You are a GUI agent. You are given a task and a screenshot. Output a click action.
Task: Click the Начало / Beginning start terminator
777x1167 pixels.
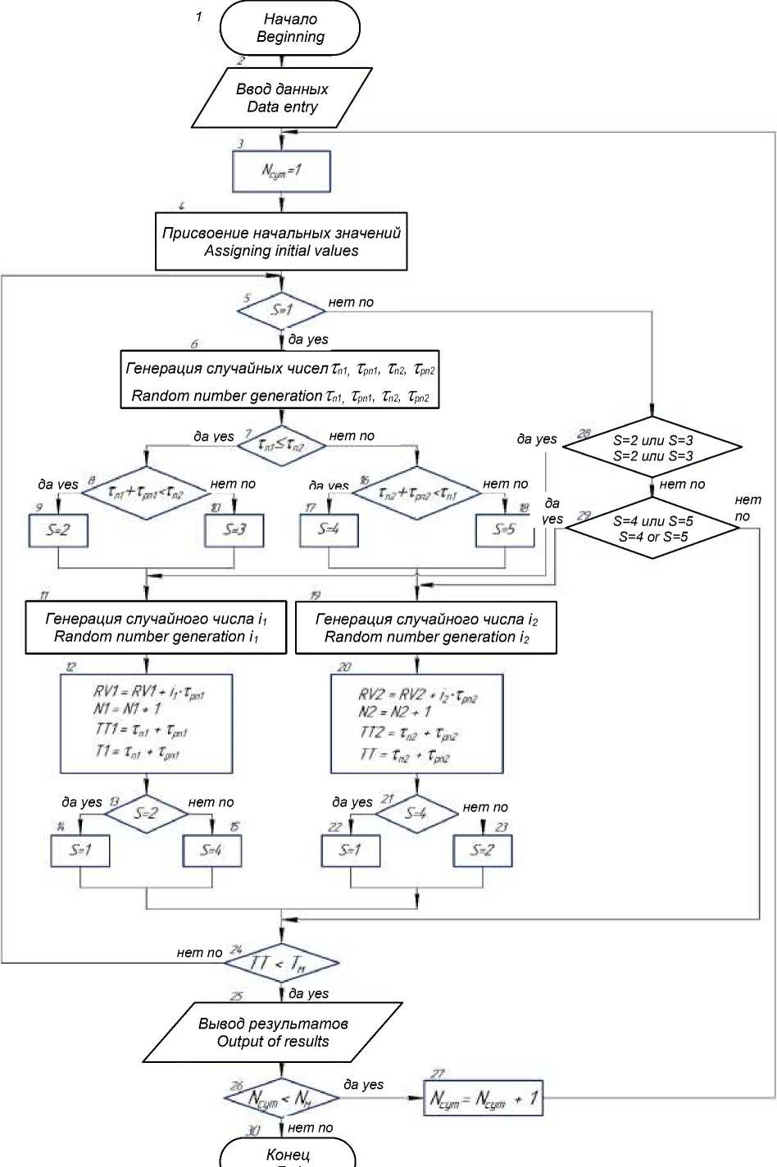tap(290, 28)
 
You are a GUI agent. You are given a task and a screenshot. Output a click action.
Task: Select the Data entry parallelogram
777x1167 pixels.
tap(282, 98)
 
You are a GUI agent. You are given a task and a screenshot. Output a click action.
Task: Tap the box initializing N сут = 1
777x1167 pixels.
tap(281, 171)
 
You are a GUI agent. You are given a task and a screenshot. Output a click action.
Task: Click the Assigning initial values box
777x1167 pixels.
tap(281, 242)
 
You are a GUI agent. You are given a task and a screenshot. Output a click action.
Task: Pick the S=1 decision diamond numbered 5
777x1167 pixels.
tap(281, 311)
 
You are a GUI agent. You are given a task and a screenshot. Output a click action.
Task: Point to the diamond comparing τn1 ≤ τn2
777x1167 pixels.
tap(281, 446)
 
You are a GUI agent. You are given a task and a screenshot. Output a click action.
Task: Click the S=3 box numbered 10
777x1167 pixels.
tap(234, 530)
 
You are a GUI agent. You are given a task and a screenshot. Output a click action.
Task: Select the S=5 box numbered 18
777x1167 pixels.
tap(505, 530)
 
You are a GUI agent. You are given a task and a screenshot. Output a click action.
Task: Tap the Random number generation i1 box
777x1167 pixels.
tap(156, 628)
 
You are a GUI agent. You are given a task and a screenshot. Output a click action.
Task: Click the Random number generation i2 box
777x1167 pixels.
tap(426, 628)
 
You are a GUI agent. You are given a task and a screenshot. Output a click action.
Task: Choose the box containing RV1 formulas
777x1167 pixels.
tap(147, 724)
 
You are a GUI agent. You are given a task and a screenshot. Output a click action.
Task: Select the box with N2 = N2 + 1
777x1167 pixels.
tap(416, 724)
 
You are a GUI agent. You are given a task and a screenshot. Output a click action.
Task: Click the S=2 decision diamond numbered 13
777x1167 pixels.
tap(146, 814)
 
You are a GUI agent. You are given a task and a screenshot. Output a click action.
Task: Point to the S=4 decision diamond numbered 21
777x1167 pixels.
tap(416, 814)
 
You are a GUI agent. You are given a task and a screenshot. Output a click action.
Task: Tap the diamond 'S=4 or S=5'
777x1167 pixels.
tap(652, 529)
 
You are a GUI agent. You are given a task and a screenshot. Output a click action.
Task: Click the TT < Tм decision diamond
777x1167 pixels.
tap(281, 963)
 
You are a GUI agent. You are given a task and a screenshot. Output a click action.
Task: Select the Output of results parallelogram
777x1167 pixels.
tap(273, 1033)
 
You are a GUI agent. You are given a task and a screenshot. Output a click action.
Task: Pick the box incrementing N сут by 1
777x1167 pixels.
tap(484, 1098)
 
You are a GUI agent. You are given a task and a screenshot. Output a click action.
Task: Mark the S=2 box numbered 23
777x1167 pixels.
tap(483, 851)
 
